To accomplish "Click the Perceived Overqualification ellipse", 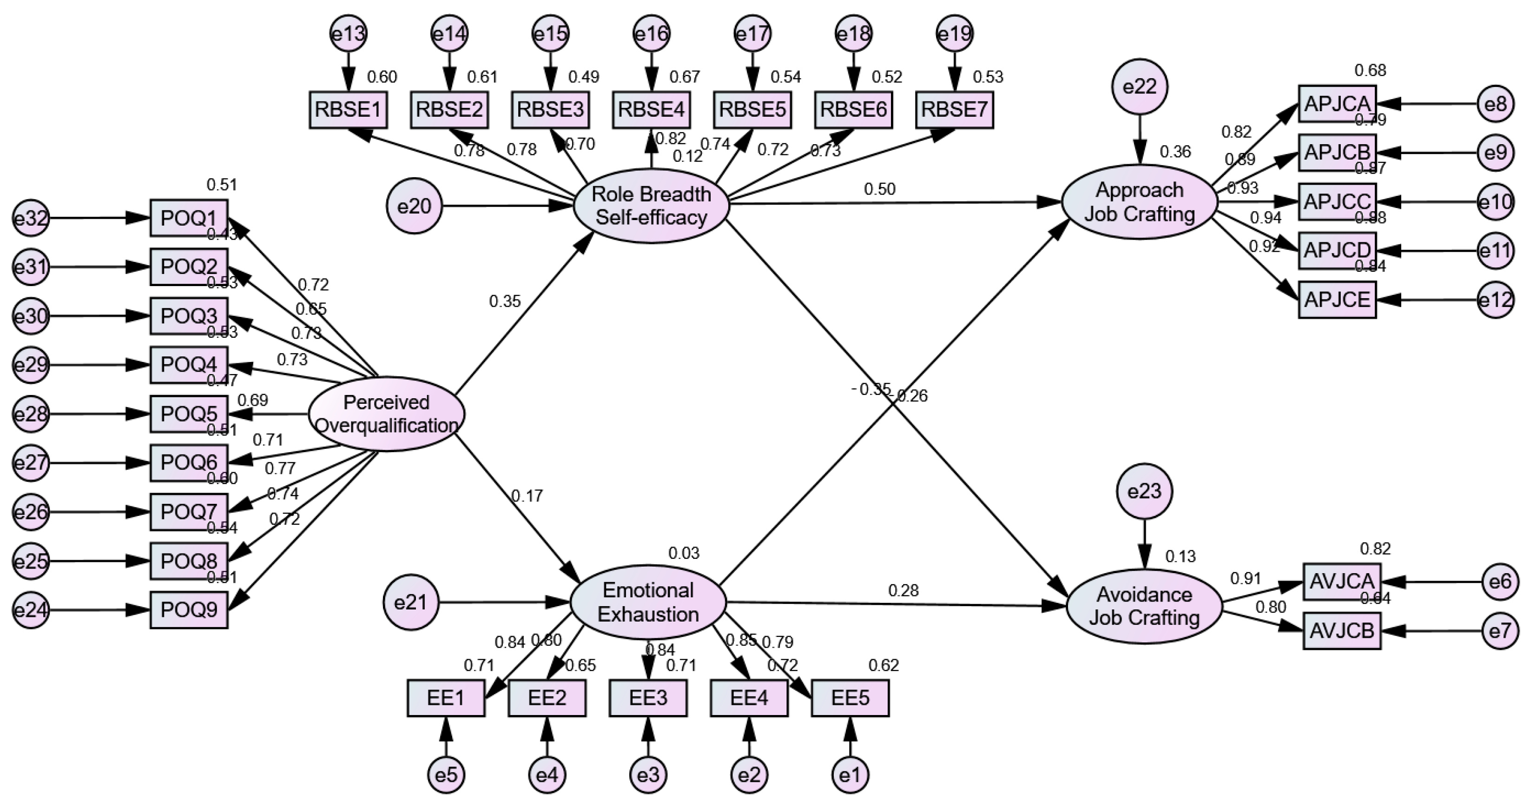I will pyautogui.click(x=387, y=414).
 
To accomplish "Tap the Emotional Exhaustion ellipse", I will pyautogui.click(x=648, y=602).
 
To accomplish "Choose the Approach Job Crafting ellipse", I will pyautogui.click(x=1139, y=202).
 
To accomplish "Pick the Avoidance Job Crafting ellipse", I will pyautogui.click(x=1144, y=606).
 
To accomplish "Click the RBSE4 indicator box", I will pyautogui.click(x=652, y=110).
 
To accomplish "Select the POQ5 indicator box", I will pyautogui.click(x=189, y=414).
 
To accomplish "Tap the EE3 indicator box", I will pyautogui.click(x=648, y=698).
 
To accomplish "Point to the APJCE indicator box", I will pyautogui.click(x=1337, y=300).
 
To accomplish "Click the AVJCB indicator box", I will pyautogui.click(x=1342, y=631).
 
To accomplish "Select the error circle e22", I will pyautogui.click(x=1140, y=87).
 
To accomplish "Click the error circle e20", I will pyautogui.click(x=414, y=206).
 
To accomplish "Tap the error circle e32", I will pyautogui.click(x=31, y=218).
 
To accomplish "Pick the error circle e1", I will pyautogui.click(x=850, y=775).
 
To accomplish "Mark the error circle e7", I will pyautogui.click(x=1500, y=631).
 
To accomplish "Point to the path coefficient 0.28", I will pyautogui.click(x=903, y=591).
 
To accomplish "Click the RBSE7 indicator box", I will pyautogui.click(x=955, y=110).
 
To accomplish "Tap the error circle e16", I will pyautogui.click(x=652, y=34).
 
